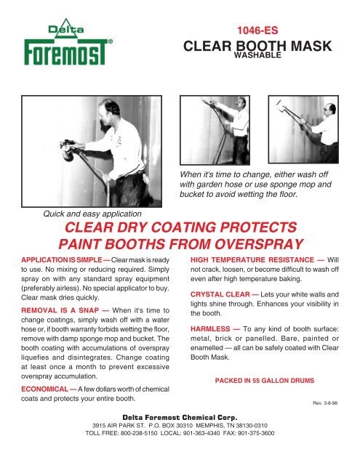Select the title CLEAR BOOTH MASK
click(259, 48)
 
